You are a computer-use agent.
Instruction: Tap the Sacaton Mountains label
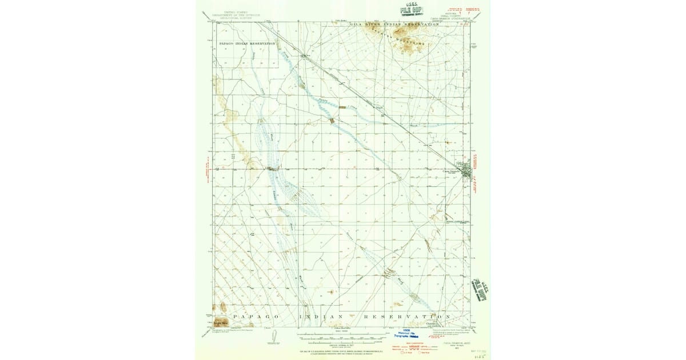[406, 38]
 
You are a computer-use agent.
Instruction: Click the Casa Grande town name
[452, 170]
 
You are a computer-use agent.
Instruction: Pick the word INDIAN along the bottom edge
[324, 316]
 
